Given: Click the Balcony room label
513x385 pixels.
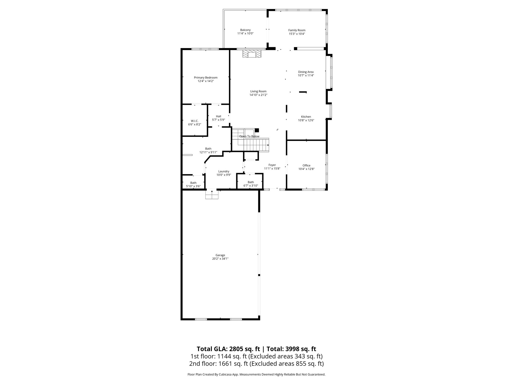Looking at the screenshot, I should pos(245,30).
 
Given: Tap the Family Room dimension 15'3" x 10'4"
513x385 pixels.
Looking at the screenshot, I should pos(297,34).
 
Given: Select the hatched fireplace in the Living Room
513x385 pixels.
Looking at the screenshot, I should pos(252,54).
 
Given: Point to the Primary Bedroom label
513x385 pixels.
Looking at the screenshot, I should pos(206,77).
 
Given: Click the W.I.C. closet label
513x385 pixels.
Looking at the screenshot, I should pos(195,121).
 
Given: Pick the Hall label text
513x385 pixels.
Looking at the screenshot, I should pos(218,116).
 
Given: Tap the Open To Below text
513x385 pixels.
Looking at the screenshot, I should pos(249,136).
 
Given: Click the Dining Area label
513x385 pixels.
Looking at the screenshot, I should pos(306,72).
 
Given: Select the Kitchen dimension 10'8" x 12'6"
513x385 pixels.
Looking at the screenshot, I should pos(306,120).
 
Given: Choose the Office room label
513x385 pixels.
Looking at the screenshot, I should pos(306,165).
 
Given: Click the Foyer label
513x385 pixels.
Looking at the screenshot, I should pos(272,165).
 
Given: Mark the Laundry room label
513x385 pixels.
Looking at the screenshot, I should pos(224,171).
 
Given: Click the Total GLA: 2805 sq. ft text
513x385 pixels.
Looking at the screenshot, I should pos(228,349).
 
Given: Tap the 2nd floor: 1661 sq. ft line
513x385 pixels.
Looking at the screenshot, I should pos(256,363).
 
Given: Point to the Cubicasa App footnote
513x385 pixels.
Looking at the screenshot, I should pos(256,374).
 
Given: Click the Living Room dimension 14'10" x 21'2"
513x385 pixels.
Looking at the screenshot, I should pos(258,95).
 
